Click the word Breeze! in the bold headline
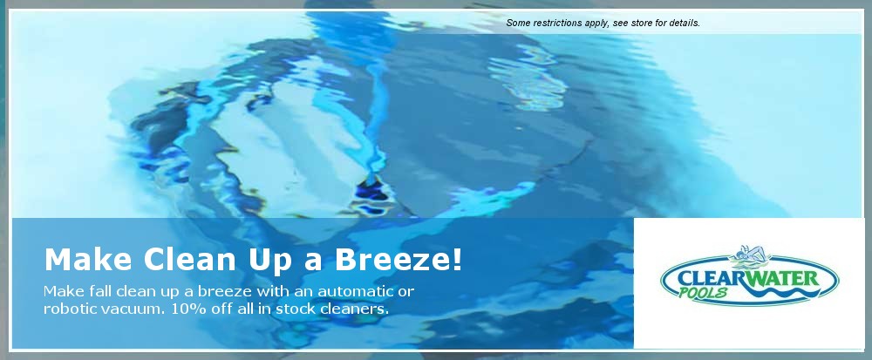pyautogui.click(x=398, y=260)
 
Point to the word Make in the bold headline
pyautogui.click(x=88, y=260)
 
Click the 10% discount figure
pyautogui.click(x=189, y=309)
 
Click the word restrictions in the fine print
pyautogui.click(x=558, y=24)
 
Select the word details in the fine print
pyautogui.click(x=685, y=24)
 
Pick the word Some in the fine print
pyautogui.click(x=518, y=24)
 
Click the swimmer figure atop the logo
pyautogui.click(x=748, y=254)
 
